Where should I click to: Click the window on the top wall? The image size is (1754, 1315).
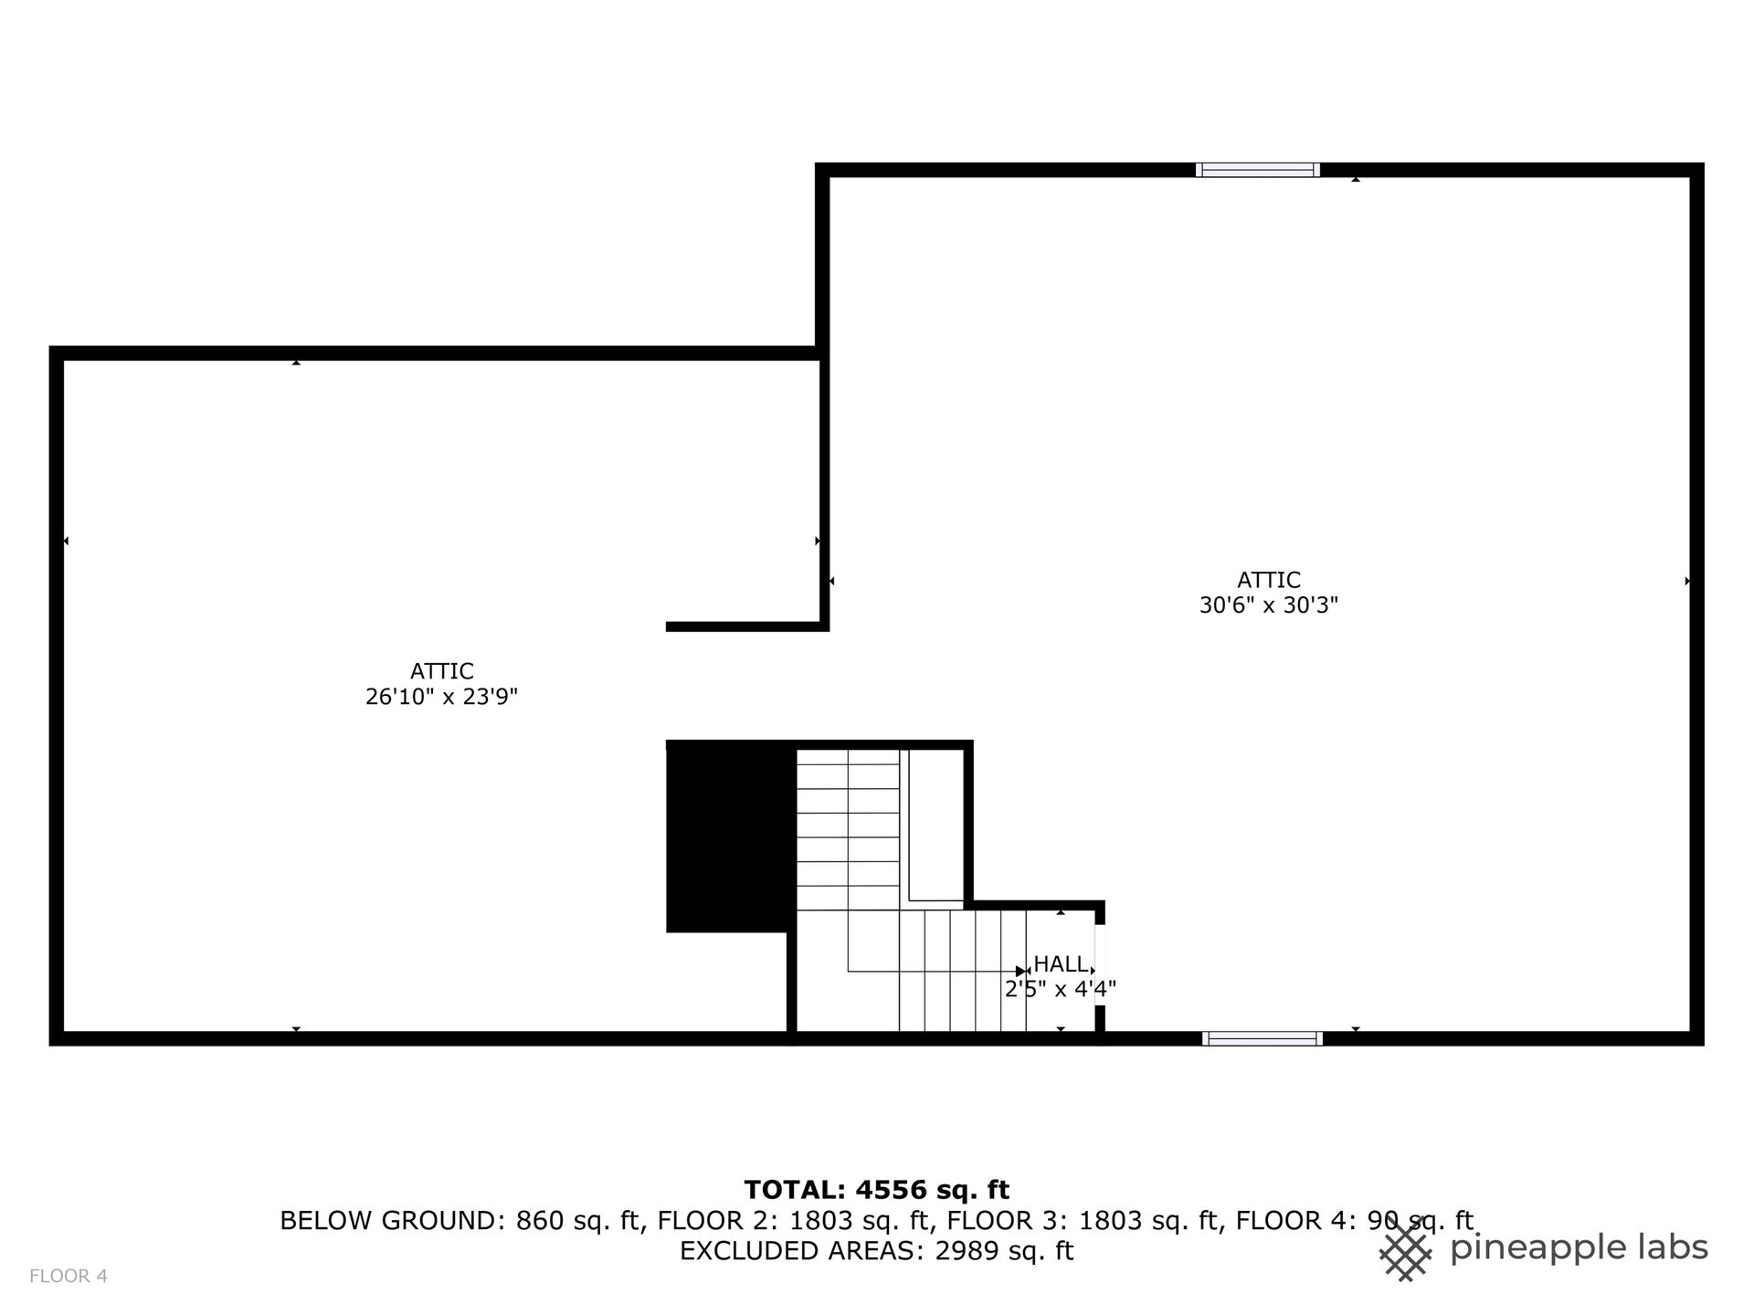(x=1257, y=170)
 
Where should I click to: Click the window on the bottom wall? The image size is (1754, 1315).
(x=1263, y=1038)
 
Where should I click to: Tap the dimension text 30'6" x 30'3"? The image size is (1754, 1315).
(x=1269, y=605)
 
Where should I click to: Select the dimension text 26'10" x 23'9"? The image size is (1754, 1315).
(x=442, y=698)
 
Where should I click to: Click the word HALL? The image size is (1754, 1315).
(x=1061, y=964)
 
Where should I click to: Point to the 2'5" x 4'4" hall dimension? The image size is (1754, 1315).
(x=1061, y=989)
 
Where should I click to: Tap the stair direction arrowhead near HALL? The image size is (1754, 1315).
(x=1021, y=971)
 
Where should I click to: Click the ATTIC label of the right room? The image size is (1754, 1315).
(x=1269, y=580)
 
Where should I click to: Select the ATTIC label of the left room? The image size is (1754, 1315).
(x=442, y=672)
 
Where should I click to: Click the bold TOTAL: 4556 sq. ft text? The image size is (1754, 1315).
(x=877, y=1190)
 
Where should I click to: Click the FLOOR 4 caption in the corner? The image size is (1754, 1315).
(x=69, y=1277)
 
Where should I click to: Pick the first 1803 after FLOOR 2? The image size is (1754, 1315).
(x=822, y=1221)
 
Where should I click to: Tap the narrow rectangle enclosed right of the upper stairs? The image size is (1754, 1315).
(x=936, y=826)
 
